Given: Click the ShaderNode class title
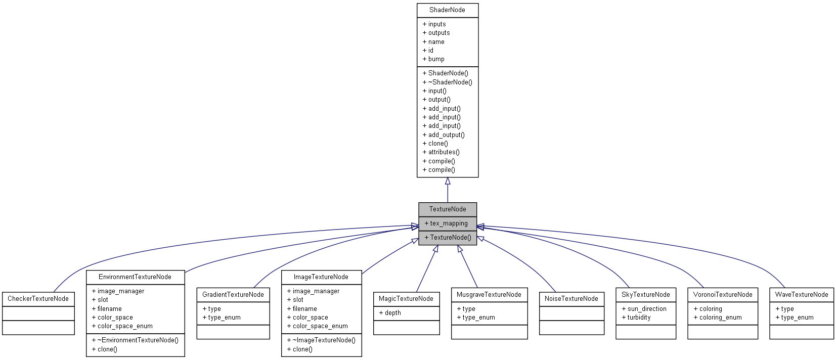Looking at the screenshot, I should (x=447, y=10).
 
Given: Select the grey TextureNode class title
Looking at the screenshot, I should (x=447, y=209).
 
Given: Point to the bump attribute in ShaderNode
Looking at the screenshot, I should (x=436, y=59).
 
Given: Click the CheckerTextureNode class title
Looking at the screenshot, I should (x=38, y=299).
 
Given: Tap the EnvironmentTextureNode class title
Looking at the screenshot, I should (x=135, y=277).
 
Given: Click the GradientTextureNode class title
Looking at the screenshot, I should (x=233, y=295).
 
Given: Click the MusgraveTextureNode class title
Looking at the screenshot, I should (x=489, y=295).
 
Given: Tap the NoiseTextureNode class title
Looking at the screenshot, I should (x=571, y=299).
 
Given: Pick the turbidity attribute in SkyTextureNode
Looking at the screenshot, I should (x=639, y=318).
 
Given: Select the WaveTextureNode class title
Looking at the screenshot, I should (x=802, y=295).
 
